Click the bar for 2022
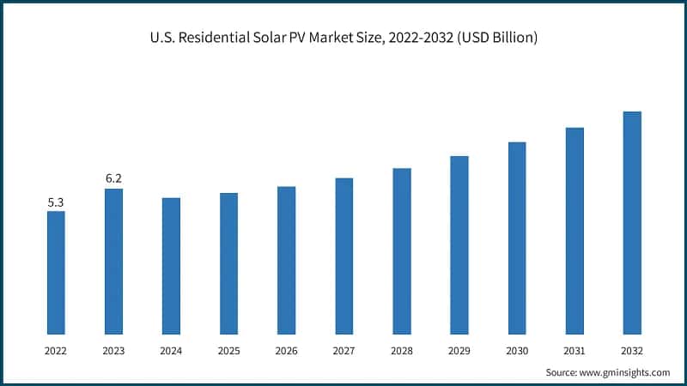click(56, 272)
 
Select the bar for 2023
click(113, 261)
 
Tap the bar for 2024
click(171, 265)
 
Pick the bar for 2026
click(286, 260)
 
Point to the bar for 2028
click(401, 250)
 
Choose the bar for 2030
click(517, 238)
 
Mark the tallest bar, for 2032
click(632, 222)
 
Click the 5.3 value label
click(56, 202)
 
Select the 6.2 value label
click(113, 178)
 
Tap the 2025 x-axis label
click(228, 350)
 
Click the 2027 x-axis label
click(343, 350)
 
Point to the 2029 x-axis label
click(459, 350)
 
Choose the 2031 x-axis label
click(575, 350)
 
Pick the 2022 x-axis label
click(56, 350)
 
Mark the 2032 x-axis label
click(632, 350)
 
